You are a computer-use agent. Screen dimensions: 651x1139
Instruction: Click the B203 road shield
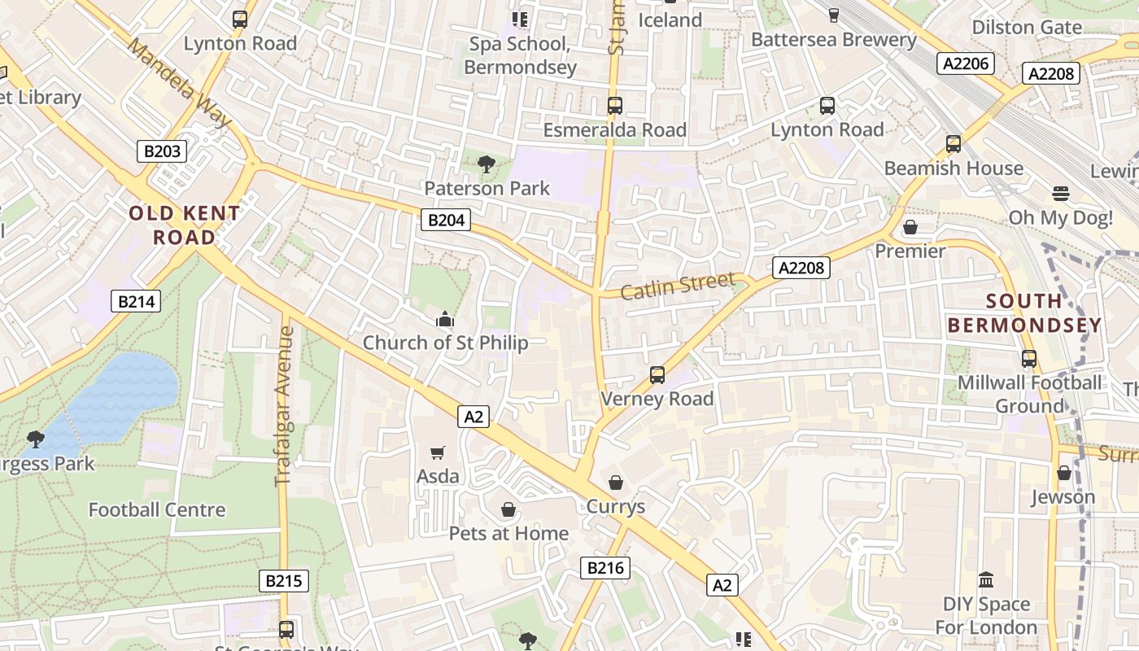(x=161, y=151)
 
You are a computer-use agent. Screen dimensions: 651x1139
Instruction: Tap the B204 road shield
(x=446, y=219)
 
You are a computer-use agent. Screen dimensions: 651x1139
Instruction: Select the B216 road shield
(x=605, y=567)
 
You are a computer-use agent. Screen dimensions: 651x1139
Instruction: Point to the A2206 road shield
(x=964, y=63)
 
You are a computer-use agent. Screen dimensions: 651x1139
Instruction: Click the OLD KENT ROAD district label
(x=185, y=225)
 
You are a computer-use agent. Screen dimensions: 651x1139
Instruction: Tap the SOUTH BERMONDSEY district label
(x=1024, y=313)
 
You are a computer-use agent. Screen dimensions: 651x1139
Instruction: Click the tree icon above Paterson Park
(x=487, y=164)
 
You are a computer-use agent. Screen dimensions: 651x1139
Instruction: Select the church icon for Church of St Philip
(x=444, y=319)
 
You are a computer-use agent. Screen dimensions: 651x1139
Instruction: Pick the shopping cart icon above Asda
(x=438, y=452)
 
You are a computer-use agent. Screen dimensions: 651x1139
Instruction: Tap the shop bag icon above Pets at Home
(x=508, y=509)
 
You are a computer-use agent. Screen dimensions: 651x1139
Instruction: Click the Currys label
(x=616, y=506)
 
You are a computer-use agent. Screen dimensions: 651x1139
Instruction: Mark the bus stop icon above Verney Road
(x=657, y=375)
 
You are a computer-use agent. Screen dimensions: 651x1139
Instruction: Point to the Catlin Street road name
(x=678, y=286)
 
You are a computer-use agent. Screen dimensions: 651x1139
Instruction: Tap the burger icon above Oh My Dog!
(x=1060, y=194)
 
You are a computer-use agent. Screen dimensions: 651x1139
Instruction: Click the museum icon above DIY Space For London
(x=986, y=580)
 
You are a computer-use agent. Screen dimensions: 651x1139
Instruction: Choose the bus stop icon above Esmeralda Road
(x=615, y=106)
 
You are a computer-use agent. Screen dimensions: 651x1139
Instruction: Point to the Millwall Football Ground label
(x=1029, y=394)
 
